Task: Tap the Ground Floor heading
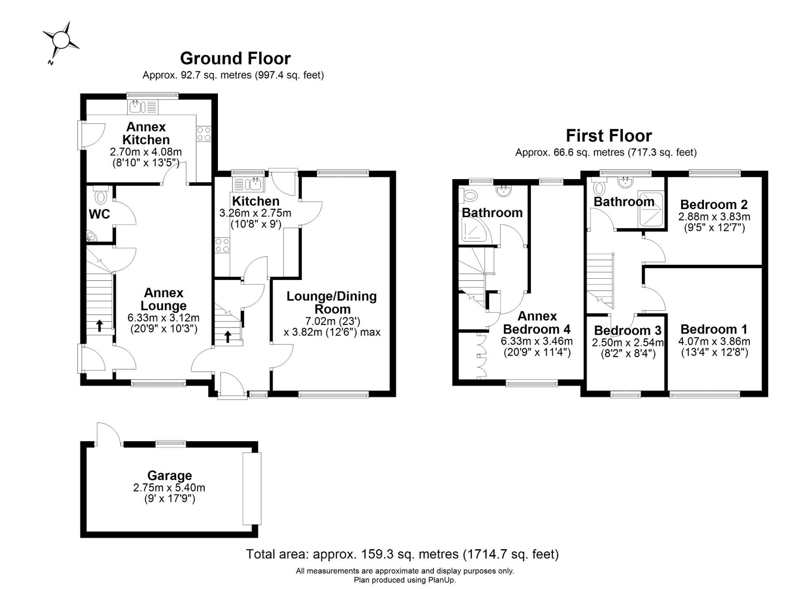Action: pos(235,58)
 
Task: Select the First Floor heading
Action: pos(609,136)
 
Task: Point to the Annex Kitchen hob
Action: pos(203,134)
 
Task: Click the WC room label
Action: pos(99,214)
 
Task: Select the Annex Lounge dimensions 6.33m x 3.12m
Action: pos(164,318)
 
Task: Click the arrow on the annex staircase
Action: pos(99,325)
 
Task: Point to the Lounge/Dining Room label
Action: pos(332,303)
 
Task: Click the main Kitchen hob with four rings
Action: pos(222,245)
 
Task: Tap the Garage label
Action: pos(170,475)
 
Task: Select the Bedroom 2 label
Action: pos(714,204)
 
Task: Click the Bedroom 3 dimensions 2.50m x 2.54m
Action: pos(628,343)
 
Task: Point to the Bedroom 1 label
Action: pos(714,329)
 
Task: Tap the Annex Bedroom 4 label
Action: pos(537,322)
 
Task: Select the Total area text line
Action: pos(403,554)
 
